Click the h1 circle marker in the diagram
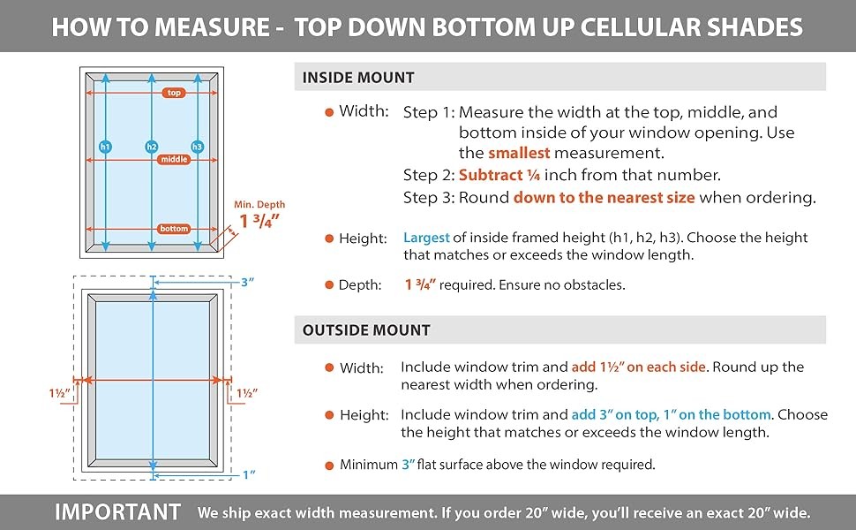pos(105,147)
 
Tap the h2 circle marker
pos(152,147)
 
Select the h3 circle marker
pos(198,147)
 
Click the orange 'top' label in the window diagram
pos(174,93)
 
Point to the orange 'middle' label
pos(174,160)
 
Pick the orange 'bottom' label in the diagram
pos(174,229)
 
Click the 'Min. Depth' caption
pos(259,204)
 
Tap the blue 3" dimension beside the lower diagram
pos(248,282)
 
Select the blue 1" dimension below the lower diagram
pos(249,474)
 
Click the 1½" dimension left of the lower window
pos(59,393)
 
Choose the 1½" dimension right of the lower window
pos(247,393)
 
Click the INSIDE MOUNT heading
pos(358,78)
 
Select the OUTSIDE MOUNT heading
pos(366,330)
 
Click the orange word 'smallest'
pos(519,153)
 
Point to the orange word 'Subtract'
pos(491,175)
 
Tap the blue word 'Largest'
pos(426,238)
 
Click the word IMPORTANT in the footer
pos(118,512)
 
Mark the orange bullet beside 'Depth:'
pos(329,284)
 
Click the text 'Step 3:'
pos(429,197)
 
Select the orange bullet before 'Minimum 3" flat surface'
pos(329,466)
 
